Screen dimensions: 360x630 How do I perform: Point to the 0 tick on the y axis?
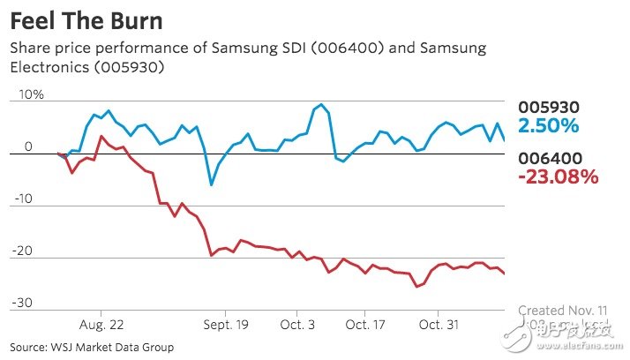28,146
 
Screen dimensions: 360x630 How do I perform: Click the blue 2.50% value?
548,125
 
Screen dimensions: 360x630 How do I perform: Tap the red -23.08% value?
558,176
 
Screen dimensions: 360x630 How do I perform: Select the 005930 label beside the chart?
549,107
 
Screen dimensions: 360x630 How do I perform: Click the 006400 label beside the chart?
549,158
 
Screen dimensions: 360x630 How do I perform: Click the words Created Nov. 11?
563,311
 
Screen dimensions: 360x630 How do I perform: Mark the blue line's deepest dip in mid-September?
211,185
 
